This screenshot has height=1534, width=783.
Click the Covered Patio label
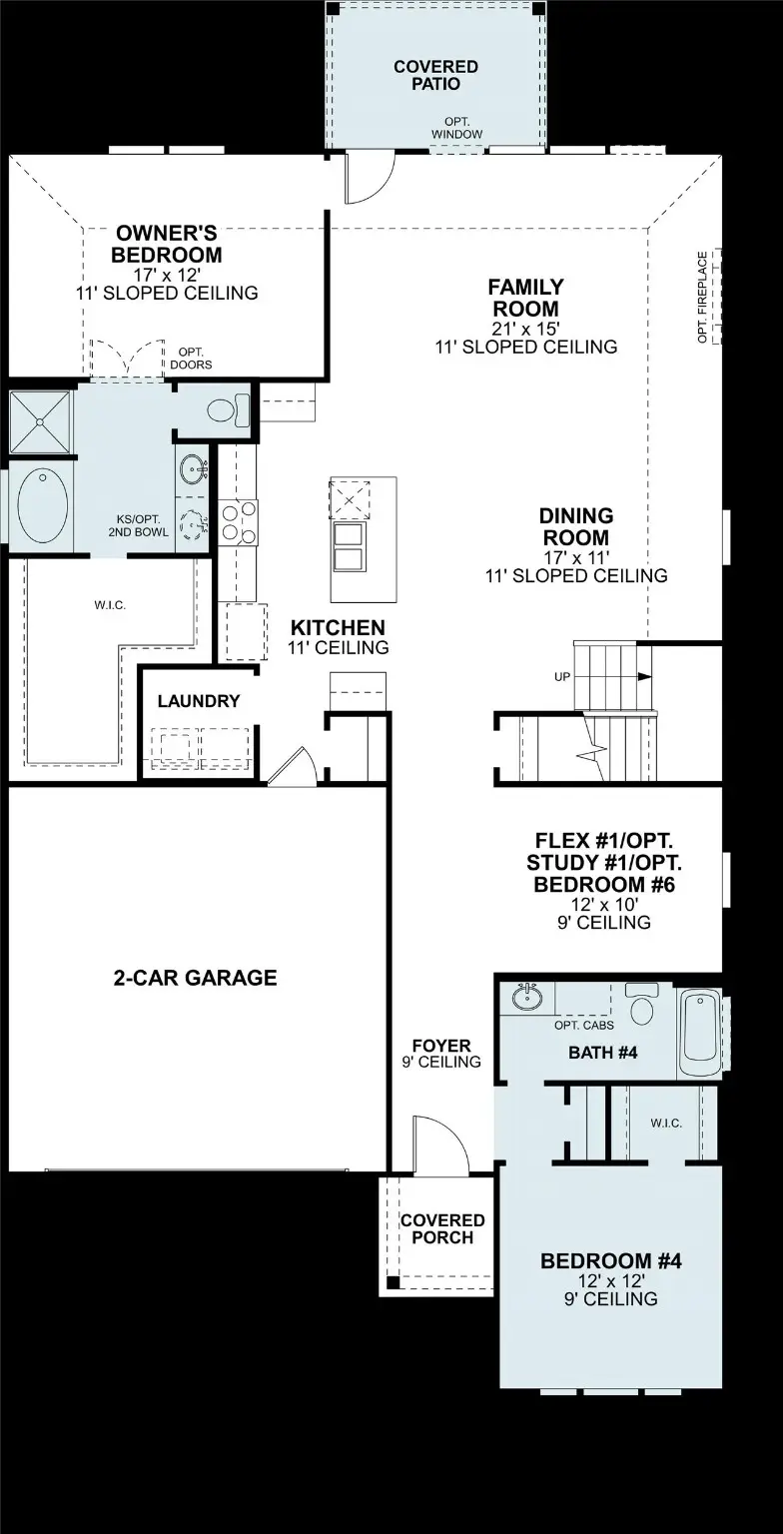coord(435,75)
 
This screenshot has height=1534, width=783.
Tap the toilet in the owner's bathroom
coord(226,410)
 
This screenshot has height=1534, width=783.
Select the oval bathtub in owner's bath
coord(43,505)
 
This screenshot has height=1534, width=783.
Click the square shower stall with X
coord(40,421)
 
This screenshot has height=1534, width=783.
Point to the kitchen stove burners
coord(238,522)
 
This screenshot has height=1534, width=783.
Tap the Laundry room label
coord(199,700)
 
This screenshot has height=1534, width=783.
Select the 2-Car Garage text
coord(195,978)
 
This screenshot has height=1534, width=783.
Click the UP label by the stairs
coord(561,676)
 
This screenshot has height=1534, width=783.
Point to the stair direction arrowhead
coord(644,676)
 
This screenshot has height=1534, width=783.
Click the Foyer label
coord(441,1045)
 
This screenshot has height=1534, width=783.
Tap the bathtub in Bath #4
coord(699,1034)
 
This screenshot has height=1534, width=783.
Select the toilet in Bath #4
coord(642,1004)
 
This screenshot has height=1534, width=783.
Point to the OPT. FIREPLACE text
coord(702,298)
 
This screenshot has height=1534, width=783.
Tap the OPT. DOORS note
coord(191,359)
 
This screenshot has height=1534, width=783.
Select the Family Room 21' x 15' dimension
coord(526,328)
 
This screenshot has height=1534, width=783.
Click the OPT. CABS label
coord(583,1026)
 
